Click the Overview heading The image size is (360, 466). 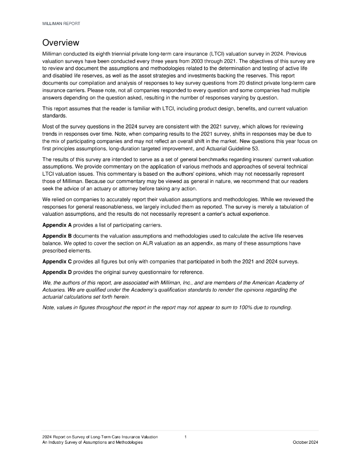[x=61, y=43]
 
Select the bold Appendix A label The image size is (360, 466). [x=57, y=225]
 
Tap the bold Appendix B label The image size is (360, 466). [x=57, y=236]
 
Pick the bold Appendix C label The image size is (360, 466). [x=57, y=262]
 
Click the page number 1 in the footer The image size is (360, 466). [x=185, y=437]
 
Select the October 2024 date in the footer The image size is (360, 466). [x=305, y=443]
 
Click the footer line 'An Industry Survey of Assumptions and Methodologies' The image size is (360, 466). [x=92, y=443]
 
